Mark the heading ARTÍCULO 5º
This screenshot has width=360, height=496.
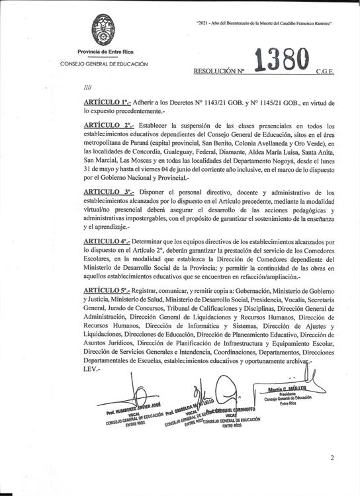[x=107, y=291]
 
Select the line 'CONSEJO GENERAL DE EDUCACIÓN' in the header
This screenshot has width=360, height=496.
[x=104, y=64]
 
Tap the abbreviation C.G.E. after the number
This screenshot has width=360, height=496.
[x=326, y=69]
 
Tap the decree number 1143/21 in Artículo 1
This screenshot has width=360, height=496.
[x=235, y=103]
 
